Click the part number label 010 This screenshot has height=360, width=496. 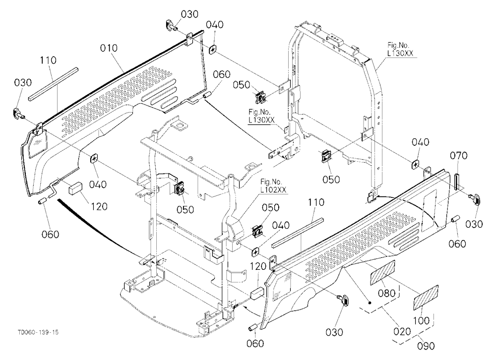click(109, 48)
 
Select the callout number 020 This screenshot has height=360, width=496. click(402, 332)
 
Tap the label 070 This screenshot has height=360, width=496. click(459, 156)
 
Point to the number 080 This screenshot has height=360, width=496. click(387, 293)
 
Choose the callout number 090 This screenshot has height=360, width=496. click(426, 346)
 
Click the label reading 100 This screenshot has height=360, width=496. click(422, 321)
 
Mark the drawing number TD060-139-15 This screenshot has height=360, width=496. click(38, 332)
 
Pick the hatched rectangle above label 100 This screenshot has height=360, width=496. click(426, 298)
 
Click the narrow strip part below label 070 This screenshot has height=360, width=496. click(457, 181)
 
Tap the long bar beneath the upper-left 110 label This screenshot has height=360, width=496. click(53, 84)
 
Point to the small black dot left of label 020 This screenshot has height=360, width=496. click(370, 302)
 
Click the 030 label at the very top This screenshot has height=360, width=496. click(190, 14)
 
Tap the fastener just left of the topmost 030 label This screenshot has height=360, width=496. click(171, 25)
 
